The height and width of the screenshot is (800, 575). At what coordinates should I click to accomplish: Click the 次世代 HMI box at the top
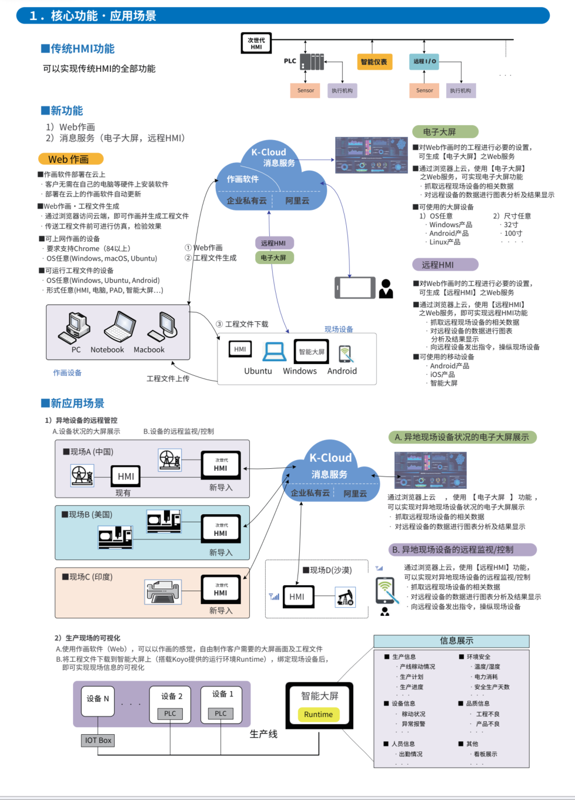coord(256,44)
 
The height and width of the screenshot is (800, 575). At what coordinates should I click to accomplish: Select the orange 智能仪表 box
coord(374,62)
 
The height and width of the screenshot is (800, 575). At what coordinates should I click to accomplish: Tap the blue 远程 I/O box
coord(424,61)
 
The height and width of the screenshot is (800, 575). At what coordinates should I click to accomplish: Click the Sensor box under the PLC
coord(306,91)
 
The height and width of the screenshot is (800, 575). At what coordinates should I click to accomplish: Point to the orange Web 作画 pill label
coord(71,159)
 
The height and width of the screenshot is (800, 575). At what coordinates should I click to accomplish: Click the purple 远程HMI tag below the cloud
coord(273,243)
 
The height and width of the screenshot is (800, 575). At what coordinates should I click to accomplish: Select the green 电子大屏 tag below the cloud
coord(273,258)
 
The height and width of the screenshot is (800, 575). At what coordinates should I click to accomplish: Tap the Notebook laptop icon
coord(119,327)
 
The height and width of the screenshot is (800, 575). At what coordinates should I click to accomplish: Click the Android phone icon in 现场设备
coord(345,353)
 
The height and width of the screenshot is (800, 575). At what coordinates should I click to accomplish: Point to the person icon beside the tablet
coord(386,288)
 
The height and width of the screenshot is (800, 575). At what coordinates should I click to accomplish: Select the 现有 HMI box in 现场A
coord(126,476)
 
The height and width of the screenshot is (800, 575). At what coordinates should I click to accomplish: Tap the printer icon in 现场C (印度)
coord(163,591)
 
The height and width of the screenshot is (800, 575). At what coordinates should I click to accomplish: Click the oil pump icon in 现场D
coord(345,597)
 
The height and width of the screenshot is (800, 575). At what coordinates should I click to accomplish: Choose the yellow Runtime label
coord(319,714)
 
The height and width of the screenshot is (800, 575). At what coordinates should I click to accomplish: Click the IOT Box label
coord(98,740)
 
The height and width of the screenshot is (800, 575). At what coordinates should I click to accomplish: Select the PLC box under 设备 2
coord(170,714)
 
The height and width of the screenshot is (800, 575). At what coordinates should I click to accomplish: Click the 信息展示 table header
coord(452,641)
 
